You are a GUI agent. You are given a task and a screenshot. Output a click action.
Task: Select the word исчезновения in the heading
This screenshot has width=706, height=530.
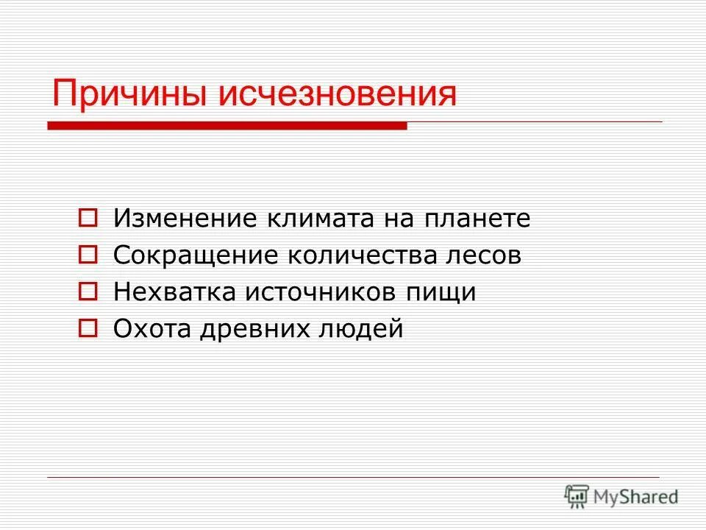click(335, 94)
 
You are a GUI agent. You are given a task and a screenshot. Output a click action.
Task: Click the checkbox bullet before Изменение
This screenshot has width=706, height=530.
click(88, 219)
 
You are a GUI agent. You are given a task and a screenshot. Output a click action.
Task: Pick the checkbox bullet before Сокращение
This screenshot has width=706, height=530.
click(88, 255)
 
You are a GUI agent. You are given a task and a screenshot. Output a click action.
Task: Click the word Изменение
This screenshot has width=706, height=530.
click(185, 219)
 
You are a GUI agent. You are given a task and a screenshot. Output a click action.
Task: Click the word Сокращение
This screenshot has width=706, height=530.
click(196, 255)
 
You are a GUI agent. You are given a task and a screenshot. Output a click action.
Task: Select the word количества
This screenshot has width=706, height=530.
click(360, 255)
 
